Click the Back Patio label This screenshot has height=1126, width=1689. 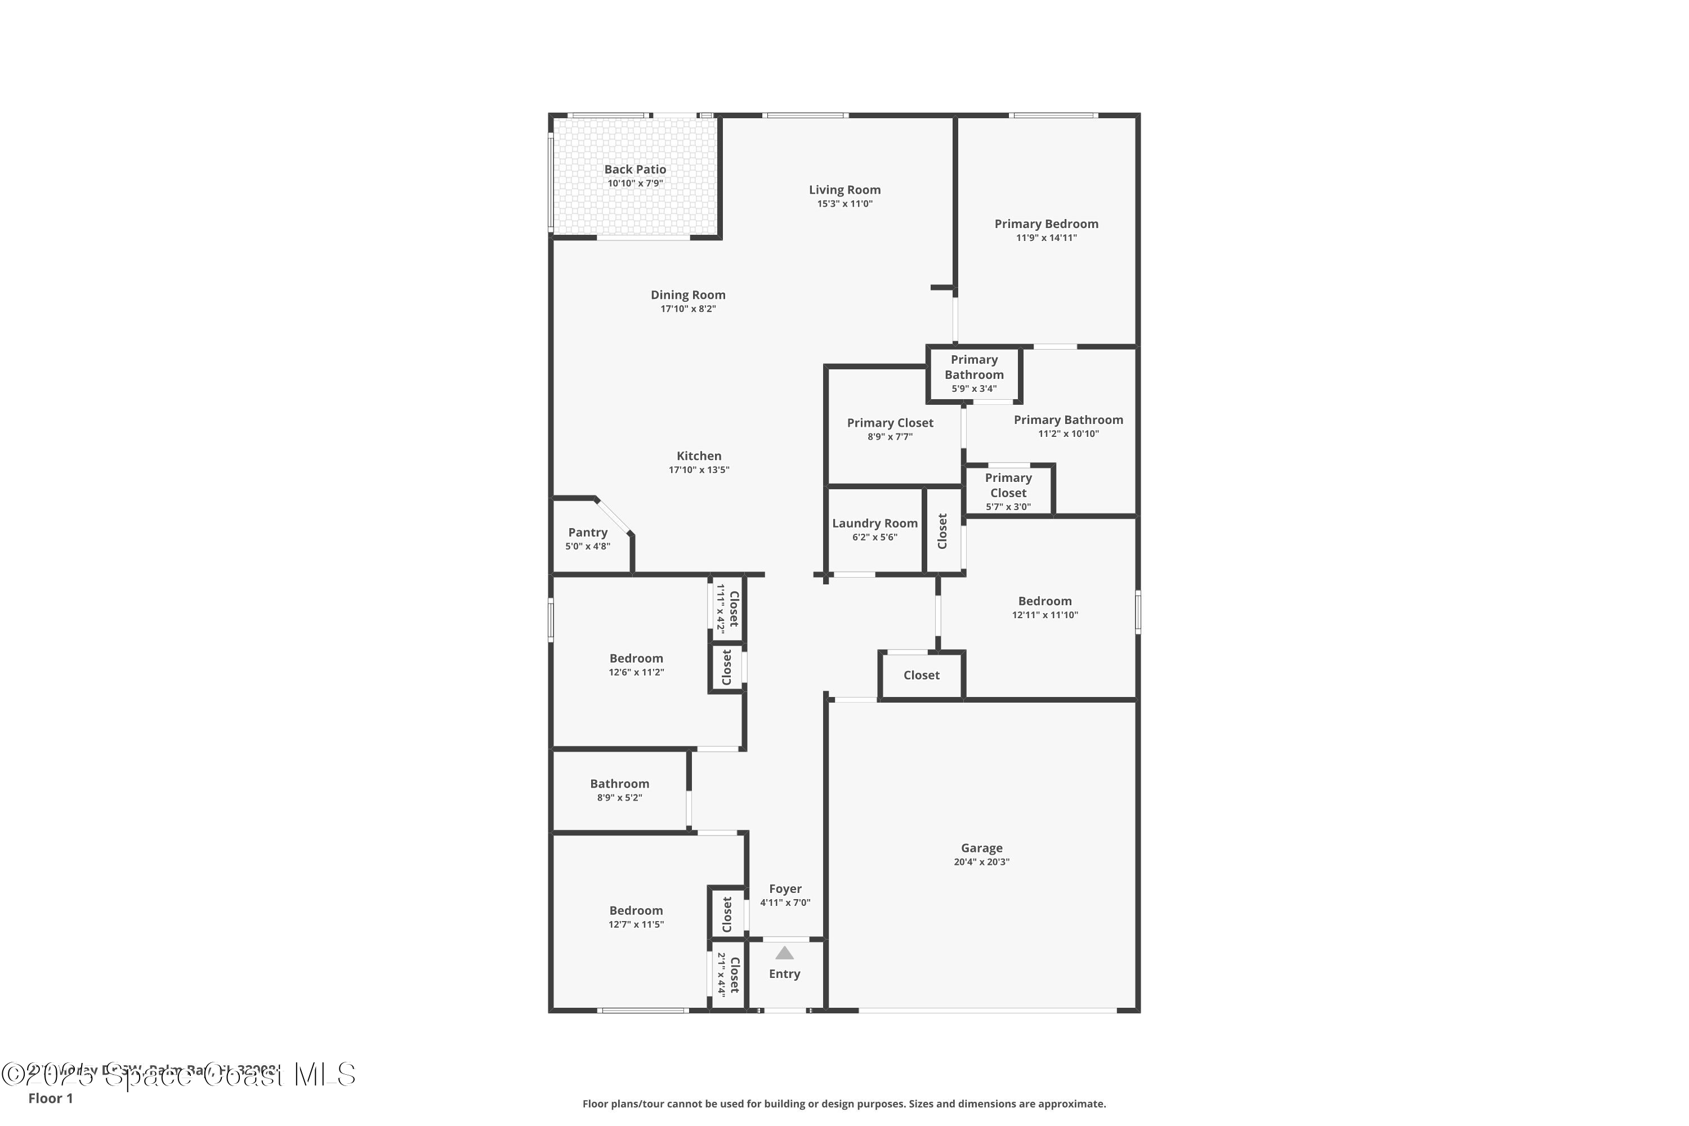[635, 169]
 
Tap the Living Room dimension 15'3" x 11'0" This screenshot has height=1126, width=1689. [844, 204]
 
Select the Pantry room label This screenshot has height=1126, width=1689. [587, 532]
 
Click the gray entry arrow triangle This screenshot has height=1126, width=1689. [784, 953]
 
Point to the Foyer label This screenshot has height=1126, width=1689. [785, 888]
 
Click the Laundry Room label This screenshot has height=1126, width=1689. [875, 524]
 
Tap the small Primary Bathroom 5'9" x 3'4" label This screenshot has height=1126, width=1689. [974, 373]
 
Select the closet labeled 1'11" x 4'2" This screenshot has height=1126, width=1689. [727, 608]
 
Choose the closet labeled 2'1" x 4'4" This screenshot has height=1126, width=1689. [728, 974]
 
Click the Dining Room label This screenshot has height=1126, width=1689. [688, 295]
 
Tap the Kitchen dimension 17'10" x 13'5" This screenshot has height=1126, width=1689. [699, 470]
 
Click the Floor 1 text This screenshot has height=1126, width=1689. [50, 1098]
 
